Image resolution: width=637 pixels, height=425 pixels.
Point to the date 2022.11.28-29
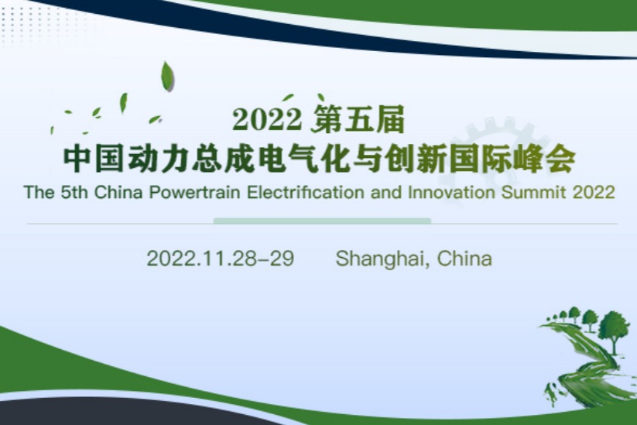pyautogui.click(x=221, y=258)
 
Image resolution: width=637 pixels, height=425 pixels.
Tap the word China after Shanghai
pyautogui.click(x=464, y=258)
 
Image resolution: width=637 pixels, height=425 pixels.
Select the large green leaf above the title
pyautogui.click(x=167, y=77)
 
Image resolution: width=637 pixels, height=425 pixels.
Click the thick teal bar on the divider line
pyautogui.click(x=322, y=221)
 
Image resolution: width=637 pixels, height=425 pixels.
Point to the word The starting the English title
pyautogui.click(x=37, y=192)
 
